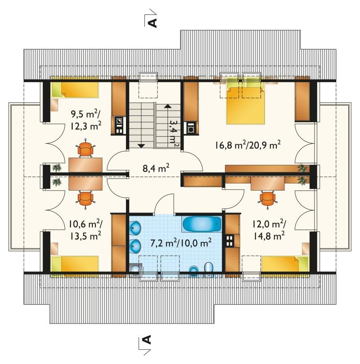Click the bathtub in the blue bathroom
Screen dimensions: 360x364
point(202,224)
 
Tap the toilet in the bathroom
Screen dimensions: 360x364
point(209,269)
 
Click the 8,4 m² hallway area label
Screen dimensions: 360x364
point(156,168)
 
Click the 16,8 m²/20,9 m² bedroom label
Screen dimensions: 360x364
point(247,145)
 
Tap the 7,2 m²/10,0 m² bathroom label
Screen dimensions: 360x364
point(181,243)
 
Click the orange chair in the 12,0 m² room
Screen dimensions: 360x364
point(267,199)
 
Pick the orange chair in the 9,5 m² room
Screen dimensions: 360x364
point(85,149)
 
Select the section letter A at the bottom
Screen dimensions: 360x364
point(147,339)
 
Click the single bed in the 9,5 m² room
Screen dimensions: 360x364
point(75,87)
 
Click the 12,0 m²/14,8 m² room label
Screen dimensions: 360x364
point(269,230)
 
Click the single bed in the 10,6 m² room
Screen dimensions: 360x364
point(75,266)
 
